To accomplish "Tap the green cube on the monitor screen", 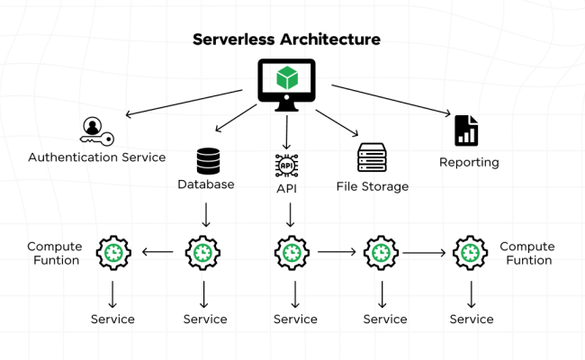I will (x=286, y=77).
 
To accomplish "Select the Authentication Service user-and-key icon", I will (x=93, y=130).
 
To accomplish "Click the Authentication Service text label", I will (x=97, y=157).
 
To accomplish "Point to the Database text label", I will (x=206, y=184).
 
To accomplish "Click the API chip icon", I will (x=286, y=166).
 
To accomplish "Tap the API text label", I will (x=286, y=188).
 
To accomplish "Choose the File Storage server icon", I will (x=372, y=157).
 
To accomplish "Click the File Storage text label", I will (x=373, y=186).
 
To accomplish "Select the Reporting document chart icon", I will (x=466, y=130).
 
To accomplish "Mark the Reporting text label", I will (x=469, y=163).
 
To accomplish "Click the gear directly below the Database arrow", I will (x=203, y=253).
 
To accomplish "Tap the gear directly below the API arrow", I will (x=292, y=253).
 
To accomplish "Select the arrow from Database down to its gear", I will (x=206, y=214).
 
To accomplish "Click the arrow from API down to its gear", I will (x=290, y=214).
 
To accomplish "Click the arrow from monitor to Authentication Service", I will (x=184, y=102).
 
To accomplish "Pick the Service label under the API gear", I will (x=295, y=319).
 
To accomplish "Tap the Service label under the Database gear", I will (x=205, y=319).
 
